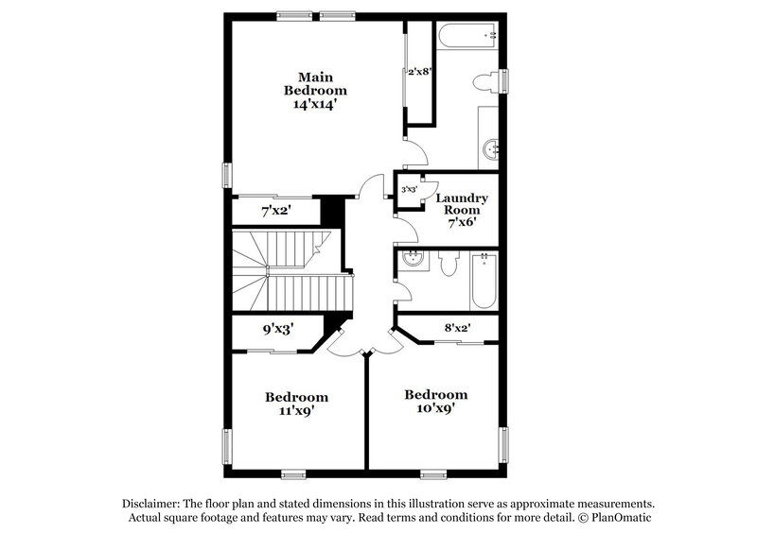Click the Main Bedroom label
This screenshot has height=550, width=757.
point(315,83)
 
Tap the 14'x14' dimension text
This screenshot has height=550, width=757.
point(315,105)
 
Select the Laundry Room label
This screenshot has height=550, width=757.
point(461,204)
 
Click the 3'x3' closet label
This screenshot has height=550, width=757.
point(410,190)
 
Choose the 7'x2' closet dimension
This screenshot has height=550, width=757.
point(275,210)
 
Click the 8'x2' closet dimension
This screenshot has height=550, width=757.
point(458,328)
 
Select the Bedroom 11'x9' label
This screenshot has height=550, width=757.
point(296,404)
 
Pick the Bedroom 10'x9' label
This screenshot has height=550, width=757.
point(436,402)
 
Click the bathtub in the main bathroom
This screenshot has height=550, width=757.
point(468,36)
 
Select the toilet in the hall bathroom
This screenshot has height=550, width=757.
point(449,262)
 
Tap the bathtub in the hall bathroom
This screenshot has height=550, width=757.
point(484,280)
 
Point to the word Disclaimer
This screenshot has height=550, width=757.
point(152,504)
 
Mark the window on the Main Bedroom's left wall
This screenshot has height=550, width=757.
point(226,175)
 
